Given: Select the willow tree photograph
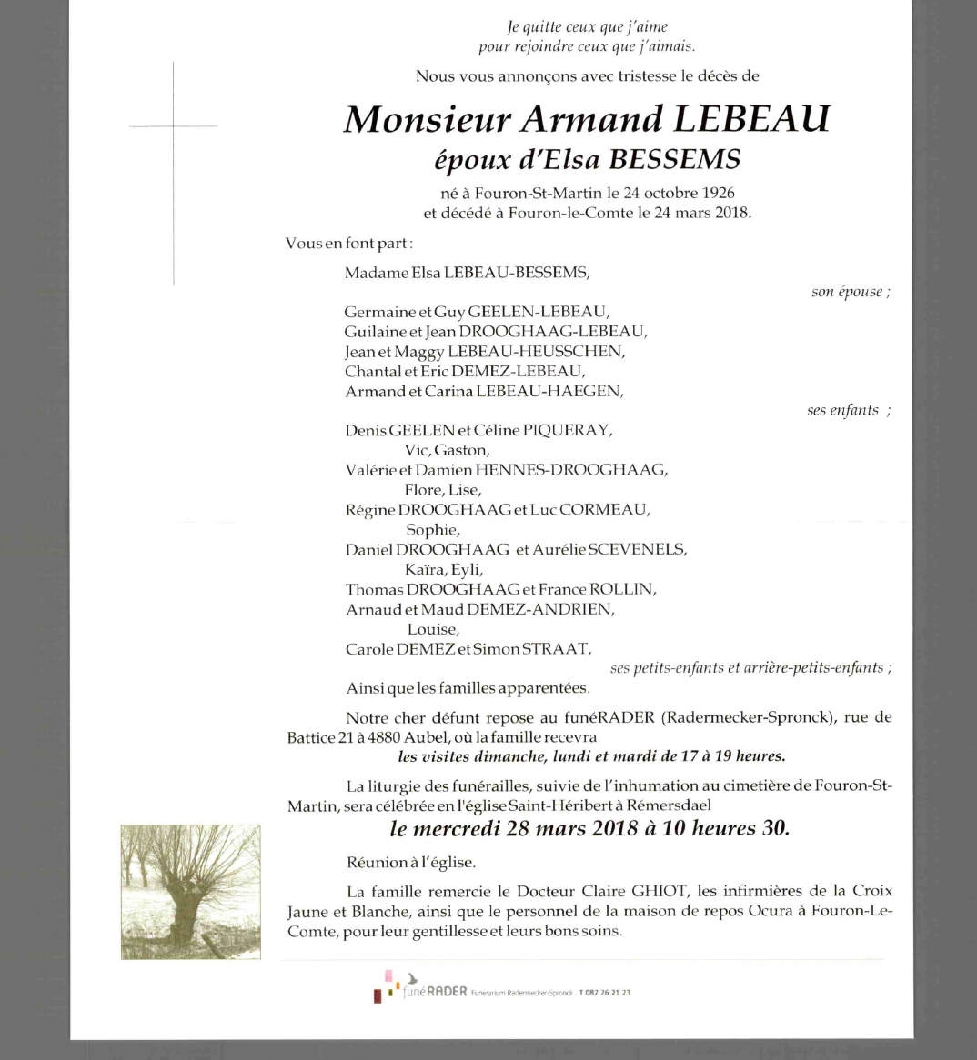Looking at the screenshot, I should point(191,891).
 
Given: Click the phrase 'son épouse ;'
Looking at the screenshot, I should point(851,292).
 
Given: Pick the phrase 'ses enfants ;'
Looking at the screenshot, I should point(848,411).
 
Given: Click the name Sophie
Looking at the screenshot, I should point(432,530).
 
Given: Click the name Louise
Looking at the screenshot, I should point(433,630).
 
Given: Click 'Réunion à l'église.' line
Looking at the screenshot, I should point(410,863).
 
